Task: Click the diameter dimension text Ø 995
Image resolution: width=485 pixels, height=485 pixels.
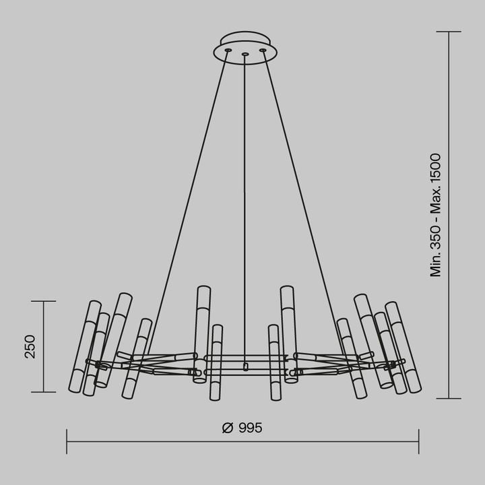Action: (x=241, y=428)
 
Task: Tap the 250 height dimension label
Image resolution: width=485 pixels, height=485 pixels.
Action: (x=30, y=346)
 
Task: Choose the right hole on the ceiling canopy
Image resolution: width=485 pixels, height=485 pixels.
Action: (x=262, y=50)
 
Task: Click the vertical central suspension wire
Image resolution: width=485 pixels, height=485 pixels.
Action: (x=245, y=202)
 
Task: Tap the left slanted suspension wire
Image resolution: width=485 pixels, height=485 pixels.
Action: (x=189, y=202)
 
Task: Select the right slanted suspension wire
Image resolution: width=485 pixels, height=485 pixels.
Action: (x=302, y=202)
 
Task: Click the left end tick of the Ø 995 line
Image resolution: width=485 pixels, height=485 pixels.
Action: (x=67, y=442)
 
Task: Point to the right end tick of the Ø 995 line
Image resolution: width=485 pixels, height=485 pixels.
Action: (x=418, y=442)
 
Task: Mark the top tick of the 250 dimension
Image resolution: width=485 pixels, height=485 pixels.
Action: (x=44, y=301)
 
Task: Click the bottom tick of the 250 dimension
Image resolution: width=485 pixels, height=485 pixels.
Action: (x=44, y=391)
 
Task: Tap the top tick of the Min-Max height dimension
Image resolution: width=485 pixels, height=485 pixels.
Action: (x=449, y=32)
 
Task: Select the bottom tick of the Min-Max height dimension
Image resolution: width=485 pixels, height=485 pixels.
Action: (x=449, y=399)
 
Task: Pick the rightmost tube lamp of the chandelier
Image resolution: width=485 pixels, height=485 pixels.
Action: (x=403, y=347)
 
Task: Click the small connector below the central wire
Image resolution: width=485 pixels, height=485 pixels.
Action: (x=245, y=367)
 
